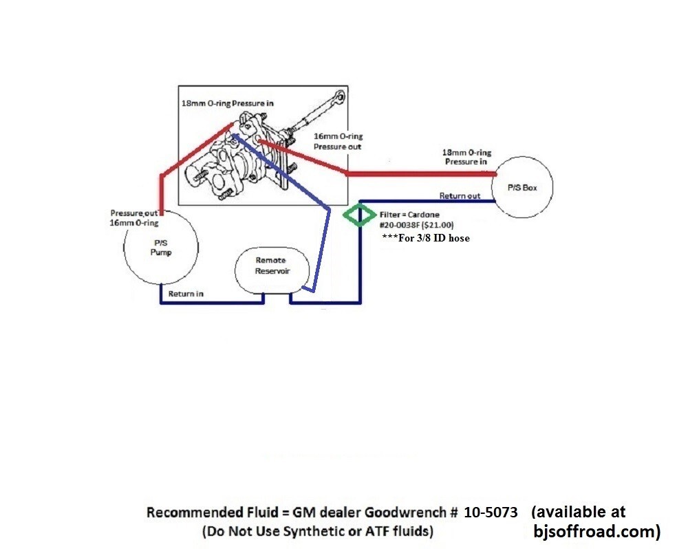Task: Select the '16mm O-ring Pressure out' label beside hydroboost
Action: click(x=337, y=141)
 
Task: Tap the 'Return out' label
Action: click(x=460, y=196)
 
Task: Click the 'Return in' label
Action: click(x=186, y=294)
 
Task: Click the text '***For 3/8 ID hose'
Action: click(x=425, y=238)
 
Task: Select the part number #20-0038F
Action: click(x=403, y=225)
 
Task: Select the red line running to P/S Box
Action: click(x=420, y=174)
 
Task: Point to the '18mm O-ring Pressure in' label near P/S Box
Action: click(x=468, y=157)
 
